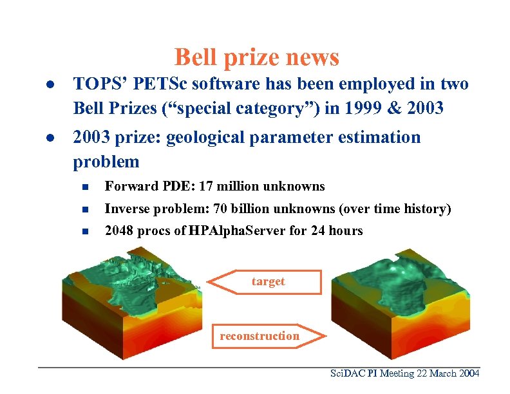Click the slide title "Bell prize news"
256,57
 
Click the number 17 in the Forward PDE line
207,187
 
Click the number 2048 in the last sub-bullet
120,230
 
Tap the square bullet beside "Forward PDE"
84,187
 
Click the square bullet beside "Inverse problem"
84,209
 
